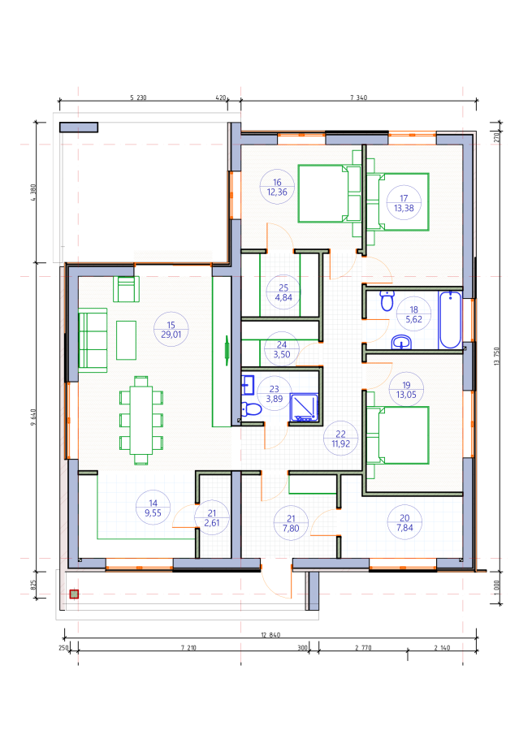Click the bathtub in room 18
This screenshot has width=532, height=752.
point(450,320)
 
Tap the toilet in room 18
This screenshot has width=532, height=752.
point(387,300)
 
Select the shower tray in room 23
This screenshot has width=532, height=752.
point(304,408)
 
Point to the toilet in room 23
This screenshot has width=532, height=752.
point(250,409)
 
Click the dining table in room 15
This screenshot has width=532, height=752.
point(141,420)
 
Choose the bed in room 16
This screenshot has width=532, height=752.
point(329,194)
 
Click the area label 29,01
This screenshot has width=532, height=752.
point(171,335)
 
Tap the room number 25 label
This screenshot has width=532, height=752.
point(283,287)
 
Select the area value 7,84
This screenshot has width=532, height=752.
point(404,528)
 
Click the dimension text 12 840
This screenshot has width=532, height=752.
point(270,635)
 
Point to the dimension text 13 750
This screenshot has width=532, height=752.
point(496,357)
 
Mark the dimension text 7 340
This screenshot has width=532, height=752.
point(358,97)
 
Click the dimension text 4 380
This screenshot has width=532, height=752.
point(33,192)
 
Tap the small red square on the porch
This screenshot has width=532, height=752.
point(74,594)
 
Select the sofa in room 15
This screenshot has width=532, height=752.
point(93,340)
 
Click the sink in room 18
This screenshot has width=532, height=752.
point(401,343)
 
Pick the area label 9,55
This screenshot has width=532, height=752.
point(153,513)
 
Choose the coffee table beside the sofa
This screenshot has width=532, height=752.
point(126,340)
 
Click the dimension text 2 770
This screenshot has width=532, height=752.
point(363,648)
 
